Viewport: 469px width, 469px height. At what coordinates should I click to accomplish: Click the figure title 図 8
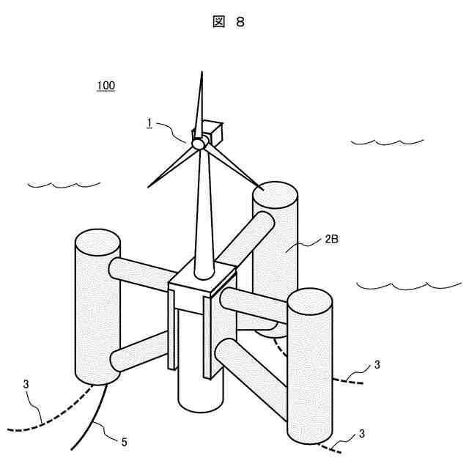pos(229,22)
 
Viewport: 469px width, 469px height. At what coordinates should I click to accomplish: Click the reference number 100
pos(106,86)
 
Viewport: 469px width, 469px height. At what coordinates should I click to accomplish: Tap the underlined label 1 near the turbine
pos(149,123)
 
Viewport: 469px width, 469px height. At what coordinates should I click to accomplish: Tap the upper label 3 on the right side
pos(377,364)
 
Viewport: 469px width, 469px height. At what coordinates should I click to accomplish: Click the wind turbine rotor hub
pos(198,144)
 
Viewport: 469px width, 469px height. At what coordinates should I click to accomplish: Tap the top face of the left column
pos(97,241)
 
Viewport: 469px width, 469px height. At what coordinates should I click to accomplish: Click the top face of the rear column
pos(275,196)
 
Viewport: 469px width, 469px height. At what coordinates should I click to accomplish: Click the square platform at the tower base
pos(204,283)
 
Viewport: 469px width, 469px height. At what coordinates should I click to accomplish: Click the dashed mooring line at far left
pos(51,418)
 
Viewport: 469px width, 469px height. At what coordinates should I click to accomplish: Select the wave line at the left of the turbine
pos(63,183)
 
